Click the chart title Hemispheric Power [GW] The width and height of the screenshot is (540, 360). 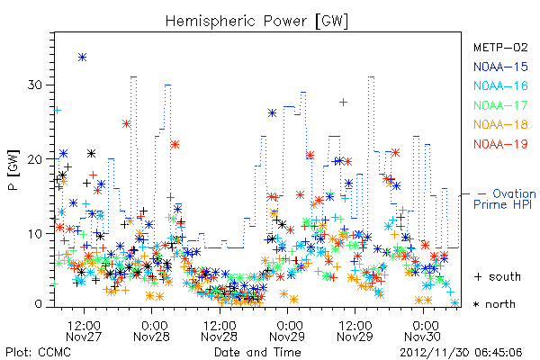pos(256,22)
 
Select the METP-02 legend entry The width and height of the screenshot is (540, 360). pos(500,47)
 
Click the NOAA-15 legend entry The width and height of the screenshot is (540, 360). pos(500,67)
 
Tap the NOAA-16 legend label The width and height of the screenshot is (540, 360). pos(500,85)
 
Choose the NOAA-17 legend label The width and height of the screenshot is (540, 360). pos(500,105)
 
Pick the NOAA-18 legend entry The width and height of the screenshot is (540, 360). pos(500,124)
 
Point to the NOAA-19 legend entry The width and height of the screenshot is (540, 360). pos(500,144)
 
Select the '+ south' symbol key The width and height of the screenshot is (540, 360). pos(498,276)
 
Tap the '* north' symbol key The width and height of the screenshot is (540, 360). pos(494,304)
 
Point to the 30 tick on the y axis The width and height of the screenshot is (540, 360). pos(35,85)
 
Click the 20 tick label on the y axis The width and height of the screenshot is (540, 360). pos(35,159)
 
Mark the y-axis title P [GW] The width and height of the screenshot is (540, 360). pos(13,170)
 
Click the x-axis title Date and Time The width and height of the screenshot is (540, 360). pos(257,352)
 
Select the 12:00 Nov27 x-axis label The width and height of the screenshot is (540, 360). pos(84,331)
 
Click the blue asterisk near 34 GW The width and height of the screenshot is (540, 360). pos(82,58)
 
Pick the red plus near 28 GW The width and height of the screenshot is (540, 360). pos(343,102)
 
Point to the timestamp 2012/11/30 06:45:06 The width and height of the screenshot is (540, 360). pos(461,353)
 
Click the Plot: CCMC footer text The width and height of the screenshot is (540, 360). pos(38,353)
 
